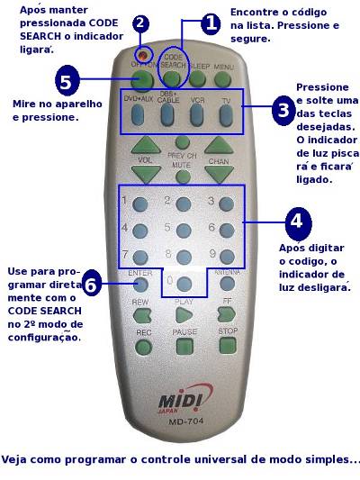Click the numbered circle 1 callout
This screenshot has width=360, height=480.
click(210, 24)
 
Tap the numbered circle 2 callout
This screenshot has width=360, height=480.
click(140, 23)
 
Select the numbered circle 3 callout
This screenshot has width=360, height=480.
click(283, 112)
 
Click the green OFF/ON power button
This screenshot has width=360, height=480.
click(141, 79)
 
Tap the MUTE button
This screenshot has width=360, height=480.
click(183, 177)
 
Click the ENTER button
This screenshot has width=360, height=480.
click(140, 285)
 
